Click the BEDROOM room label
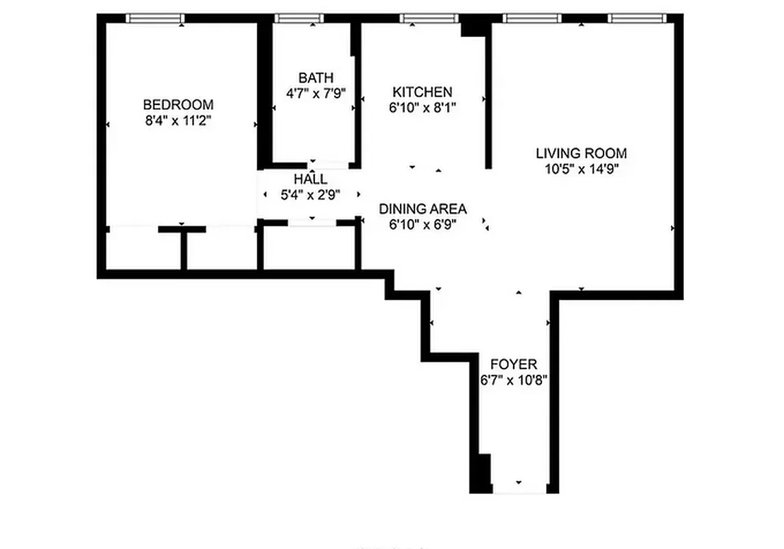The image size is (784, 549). [178, 105]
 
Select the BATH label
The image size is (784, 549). [316, 77]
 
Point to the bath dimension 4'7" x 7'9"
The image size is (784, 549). [316, 93]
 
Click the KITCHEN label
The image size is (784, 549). [422, 92]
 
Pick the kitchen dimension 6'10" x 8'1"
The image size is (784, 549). [422, 108]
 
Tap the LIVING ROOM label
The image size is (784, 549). [581, 154]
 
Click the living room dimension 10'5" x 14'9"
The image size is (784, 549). [581, 170]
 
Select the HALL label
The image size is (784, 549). [311, 179]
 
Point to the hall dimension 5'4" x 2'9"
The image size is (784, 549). [311, 195]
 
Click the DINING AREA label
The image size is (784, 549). [423, 209]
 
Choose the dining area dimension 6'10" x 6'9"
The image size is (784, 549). [423, 224]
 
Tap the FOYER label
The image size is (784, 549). [514, 364]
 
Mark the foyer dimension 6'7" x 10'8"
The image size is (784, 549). [514, 379]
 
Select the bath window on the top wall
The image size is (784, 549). [299, 19]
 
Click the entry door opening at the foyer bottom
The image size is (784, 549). [519, 489]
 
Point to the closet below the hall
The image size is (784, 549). [309, 247]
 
